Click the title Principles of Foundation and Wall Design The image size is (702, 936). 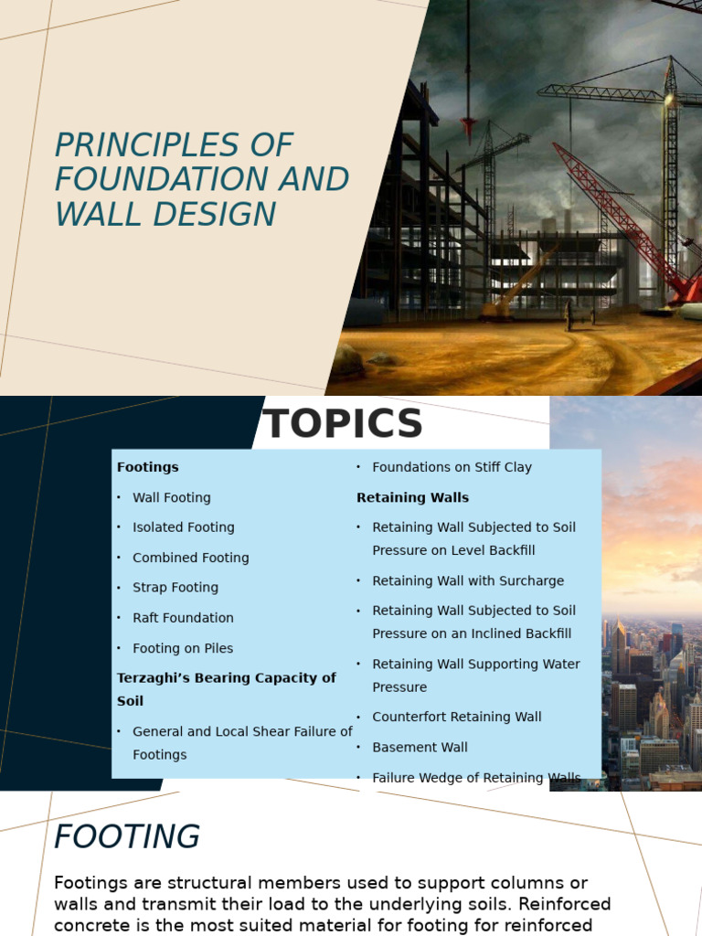pyautogui.click(x=201, y=179)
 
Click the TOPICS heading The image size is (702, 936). pyautogui.click(x=343, y=424)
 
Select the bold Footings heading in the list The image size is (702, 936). pyautogui.click(x=148, y=467)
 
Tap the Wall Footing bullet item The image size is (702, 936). pyautogui.click(x=172, y=497)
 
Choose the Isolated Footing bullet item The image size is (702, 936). pyautogui.click(x=184, y=527)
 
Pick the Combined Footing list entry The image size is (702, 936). pyautogui.click(x=190, y=558)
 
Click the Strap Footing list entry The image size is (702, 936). pyautogui.click(x=175, y=588)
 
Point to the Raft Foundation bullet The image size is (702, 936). pyautogui.click(x=183, y=618)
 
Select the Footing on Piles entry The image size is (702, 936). pyautogui.click(x=183, y=648)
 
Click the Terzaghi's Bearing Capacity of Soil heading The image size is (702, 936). pyautogui.click(x=226, y=689)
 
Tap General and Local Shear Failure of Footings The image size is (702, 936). pyautogui.click(x=242, y=742)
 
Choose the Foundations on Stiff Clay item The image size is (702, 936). pyautogui.click(x=452, y=467)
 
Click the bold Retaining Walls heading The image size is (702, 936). pyautogui.click(x=412, y=497)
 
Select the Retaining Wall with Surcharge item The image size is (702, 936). pyautogui.click(x=468, y=580)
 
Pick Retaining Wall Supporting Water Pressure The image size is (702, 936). pyautogui.click(x=475, y=675)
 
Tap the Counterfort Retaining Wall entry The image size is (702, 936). pyautogui.click(x=457, y=717)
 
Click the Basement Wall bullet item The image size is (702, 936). pyautogui.click(x=420, y=747)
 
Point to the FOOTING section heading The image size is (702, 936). pyautogui.click(x=127, y=836)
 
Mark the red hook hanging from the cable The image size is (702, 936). pyautogui.click(x=469, y=126)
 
